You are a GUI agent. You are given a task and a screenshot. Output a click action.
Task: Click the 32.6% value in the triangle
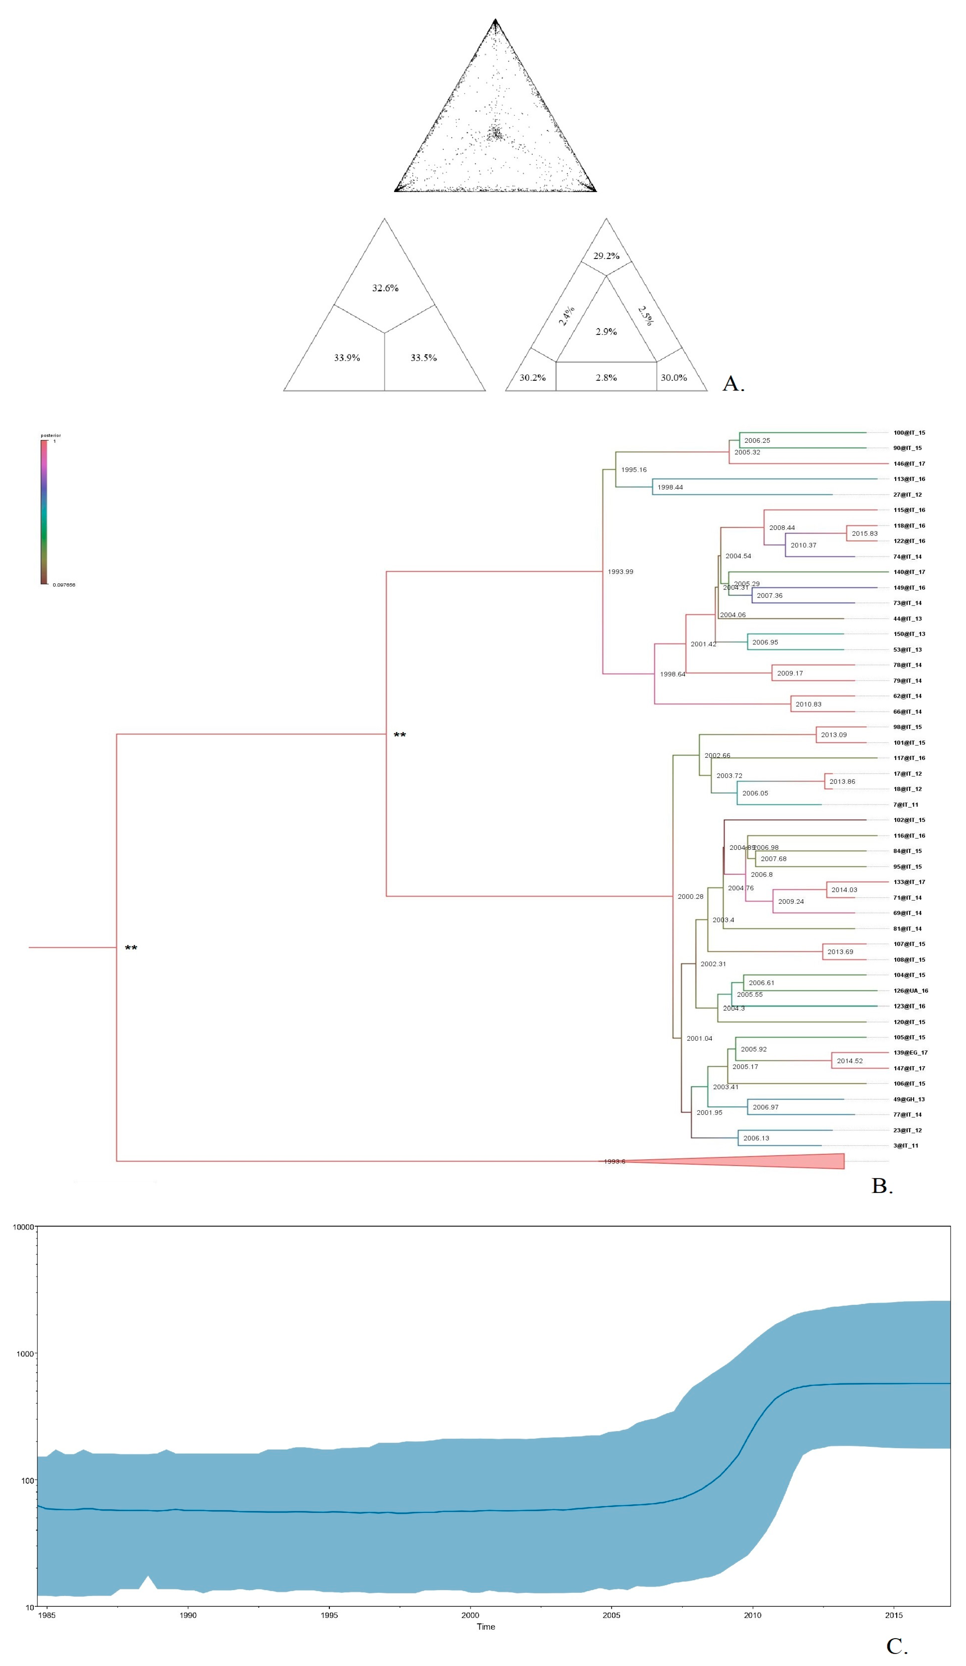click(x=385, y=288)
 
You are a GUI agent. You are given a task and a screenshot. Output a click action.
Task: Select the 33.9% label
click(x=347, y=358)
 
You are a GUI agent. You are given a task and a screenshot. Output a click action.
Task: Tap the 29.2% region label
click(x=606, y=256)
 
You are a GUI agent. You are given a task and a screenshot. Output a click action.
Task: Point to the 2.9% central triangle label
click(x=606, y=331)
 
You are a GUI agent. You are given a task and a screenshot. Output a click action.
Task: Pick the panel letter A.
click(x=732, y=384)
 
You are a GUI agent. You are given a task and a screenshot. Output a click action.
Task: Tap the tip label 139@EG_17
click(x=911, y=1052)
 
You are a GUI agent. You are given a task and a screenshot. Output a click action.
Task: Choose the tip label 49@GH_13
click(x=908, y=1099)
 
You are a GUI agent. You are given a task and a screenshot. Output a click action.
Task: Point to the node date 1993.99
click(x=620, y=572)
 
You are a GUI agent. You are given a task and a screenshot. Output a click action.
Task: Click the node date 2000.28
click(x=690, y=896)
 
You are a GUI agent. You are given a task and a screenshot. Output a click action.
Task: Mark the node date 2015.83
click(x=864, y=534)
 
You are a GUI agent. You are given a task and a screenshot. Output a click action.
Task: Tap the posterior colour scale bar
click(x=44, y=512)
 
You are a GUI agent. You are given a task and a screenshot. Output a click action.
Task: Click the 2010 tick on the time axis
click(x=753, y=1615)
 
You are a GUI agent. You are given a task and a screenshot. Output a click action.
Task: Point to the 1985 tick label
click(x=46, y=1615)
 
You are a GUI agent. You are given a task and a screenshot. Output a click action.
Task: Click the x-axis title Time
click(x=486, y=1626)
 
